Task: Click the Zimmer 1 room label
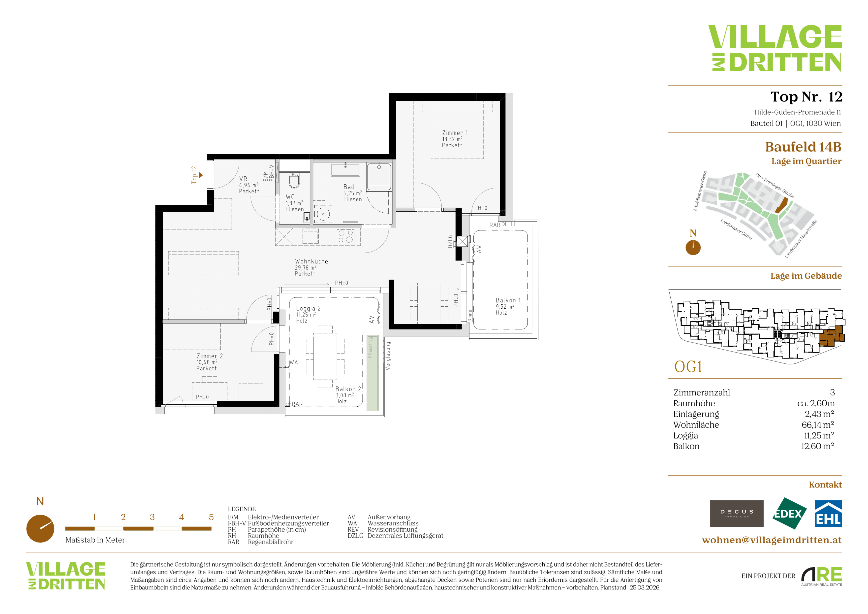coord(455,133)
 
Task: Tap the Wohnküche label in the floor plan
coord(311,261)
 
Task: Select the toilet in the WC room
coord(294,180)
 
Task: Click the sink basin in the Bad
coord(345,169)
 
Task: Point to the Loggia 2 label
coord(308,309)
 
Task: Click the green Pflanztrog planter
coord(373,372)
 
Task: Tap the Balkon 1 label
coord(508,300)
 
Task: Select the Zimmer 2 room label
coord(210,356)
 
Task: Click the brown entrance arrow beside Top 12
coord(201,175)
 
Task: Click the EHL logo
coord(828,514)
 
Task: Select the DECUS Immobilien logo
coord(737,514)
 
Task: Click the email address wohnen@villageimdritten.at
coord(772,540)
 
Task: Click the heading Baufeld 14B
coord(803,147)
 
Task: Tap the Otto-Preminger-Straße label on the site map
coord(774,185)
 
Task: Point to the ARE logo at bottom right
coord(821,575)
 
